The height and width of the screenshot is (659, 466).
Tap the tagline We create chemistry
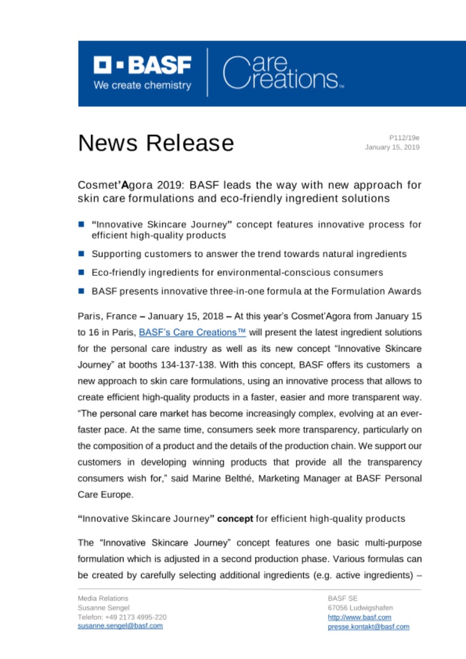[x=142, y=85]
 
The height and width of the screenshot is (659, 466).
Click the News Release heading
[x=156, y=143]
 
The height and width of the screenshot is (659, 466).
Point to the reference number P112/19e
[x=404, y=138]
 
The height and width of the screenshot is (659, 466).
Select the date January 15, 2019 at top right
[x=392, y=147]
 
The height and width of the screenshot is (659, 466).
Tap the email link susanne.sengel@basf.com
[x=120, y=626]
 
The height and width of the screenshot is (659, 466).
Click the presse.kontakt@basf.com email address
[x=368, y=627]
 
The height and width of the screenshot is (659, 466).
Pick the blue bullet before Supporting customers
[x=81, y=254]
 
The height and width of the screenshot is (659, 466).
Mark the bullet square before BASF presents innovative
[x=81, y=291]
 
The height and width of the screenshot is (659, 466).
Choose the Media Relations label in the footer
[x=103, y=599]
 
